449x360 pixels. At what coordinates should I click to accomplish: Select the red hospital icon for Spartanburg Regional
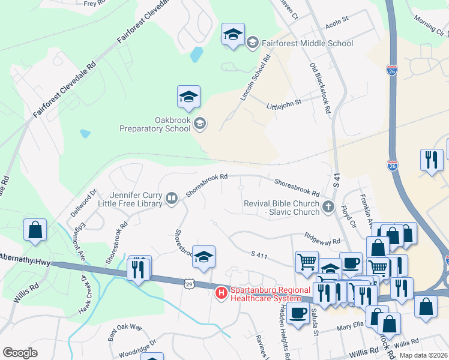click(x=221, y=292)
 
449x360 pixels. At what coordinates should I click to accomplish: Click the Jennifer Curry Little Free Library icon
click(x=172, y=198)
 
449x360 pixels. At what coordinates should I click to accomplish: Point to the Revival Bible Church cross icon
click(x=328, y=208)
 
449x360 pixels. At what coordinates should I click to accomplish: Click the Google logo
click(x=20, y=353)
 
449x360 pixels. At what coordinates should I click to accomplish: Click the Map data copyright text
click(x=423, y=355)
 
